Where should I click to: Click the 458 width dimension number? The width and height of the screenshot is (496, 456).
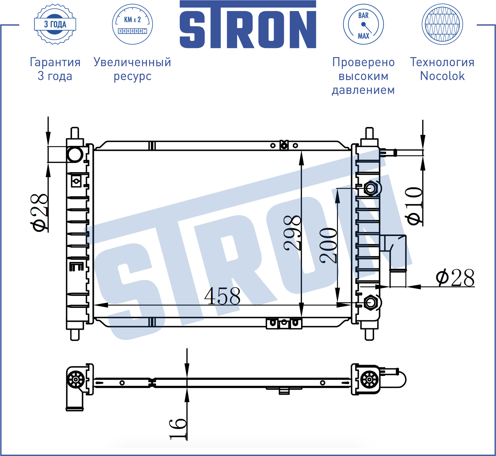(x=222, y=296)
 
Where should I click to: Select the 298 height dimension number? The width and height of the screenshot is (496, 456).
(x=292, y=233)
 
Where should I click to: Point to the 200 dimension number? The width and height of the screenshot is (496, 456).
(x=328, y=245)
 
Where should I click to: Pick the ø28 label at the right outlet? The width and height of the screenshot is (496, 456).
(x=455, y=278)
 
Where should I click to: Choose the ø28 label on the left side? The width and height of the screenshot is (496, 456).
(x=39, y=212)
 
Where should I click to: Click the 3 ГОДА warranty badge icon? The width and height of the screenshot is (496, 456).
(x=55, y=24)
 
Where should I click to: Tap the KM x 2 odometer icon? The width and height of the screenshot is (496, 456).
(x=132, y=24)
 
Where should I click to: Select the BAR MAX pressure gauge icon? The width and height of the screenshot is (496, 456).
(x=363, y=24)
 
